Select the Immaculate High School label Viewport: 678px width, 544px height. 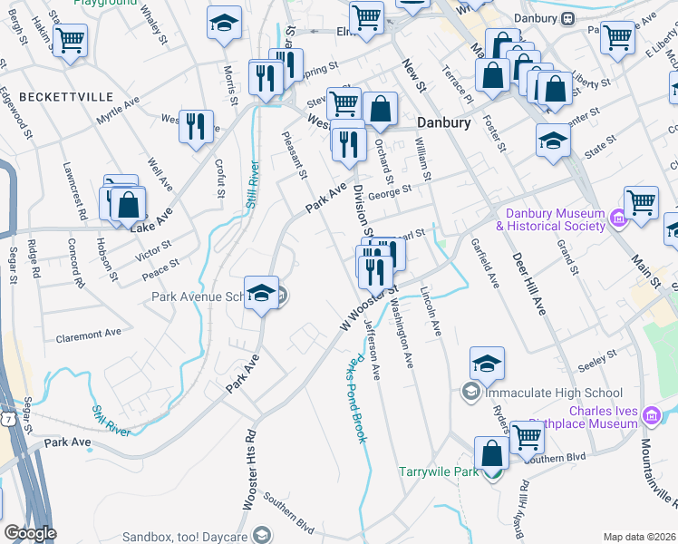tap(553, 393)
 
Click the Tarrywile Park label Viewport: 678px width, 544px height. tap(438, 471)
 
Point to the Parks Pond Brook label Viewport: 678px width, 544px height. tap(354, 397)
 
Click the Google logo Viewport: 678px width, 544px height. tap(29, 533)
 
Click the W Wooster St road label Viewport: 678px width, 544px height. tap(369, 308)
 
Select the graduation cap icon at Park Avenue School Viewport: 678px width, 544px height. tap(261, 293)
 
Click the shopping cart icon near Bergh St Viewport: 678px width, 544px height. tap(70, 40)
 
